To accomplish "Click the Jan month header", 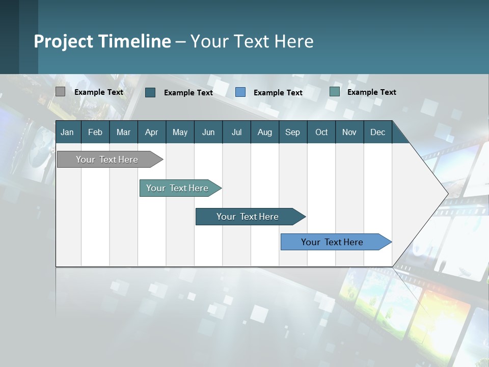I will point(67,132).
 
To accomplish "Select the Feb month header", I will point(95,132).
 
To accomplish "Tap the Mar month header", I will point(123,132).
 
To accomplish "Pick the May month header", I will point(180,132).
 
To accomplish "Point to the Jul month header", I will point(236,132).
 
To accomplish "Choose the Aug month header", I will point(264,132).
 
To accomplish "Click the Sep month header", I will point(292,132).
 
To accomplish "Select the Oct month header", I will point(321,132).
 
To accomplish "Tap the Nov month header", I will point(349,132).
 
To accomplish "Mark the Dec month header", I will point(377,132).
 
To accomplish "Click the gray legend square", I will point(60,92).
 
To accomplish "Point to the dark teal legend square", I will point(150,92).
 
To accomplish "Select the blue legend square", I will point(240,92).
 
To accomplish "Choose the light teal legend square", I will point(335,92).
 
